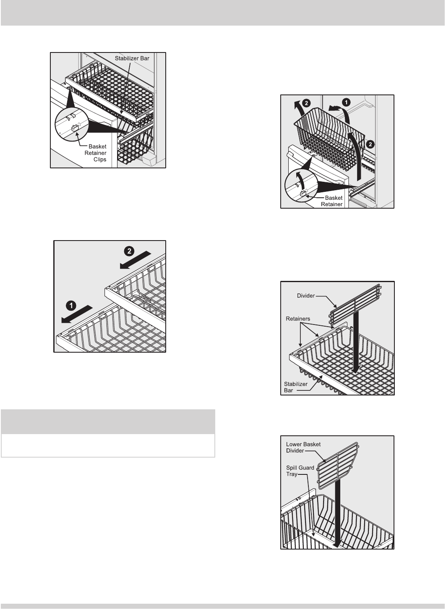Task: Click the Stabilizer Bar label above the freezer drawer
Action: (132, 58)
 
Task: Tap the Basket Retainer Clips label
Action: (96, 153)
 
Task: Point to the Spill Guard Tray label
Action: (300, 471)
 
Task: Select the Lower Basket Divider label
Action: (303, 448)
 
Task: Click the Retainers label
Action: (298, 319)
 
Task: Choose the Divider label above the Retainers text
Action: (306, 296)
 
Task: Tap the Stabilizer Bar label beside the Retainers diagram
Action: (295, 387)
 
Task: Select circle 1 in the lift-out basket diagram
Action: (346, 102)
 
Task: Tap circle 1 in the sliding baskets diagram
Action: (71, 306)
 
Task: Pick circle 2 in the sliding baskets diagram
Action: (129, 251)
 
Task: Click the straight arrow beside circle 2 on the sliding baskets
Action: (135, 260)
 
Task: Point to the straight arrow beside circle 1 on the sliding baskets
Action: (77, 314)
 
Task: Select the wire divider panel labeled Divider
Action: (355, 304)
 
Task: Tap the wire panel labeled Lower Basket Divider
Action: (338, 466)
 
